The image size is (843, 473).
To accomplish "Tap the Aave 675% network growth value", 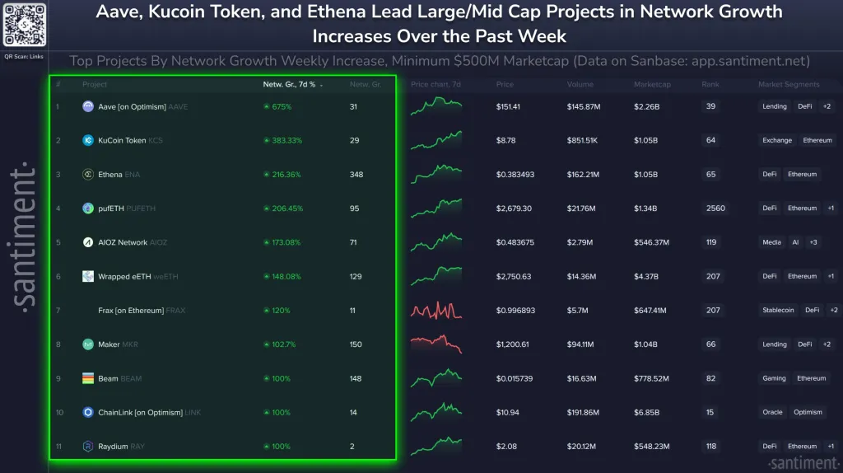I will (x=280, y=106).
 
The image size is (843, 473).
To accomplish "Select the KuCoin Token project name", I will (x=123, y=141).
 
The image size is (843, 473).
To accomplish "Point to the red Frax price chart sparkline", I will (x=436, y=310).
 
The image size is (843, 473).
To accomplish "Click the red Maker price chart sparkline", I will (x=436, y=344).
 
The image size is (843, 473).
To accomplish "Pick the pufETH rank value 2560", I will (x=715, y=208).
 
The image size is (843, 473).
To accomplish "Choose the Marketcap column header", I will (x=652, y=85).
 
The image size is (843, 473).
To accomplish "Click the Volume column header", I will (x=580, y=85).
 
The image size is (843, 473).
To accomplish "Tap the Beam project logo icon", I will (x=88, y=378).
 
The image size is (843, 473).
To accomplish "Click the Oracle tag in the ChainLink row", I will (x=772, y=412).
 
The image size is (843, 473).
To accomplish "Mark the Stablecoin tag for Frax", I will (x=778, y=310).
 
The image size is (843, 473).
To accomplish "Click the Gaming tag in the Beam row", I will (x=774, y=378).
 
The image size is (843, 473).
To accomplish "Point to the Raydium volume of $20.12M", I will (x=583, y=447).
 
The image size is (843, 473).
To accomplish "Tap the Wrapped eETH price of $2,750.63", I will (x=514, y=277).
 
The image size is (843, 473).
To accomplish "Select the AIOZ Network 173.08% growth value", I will (x=282, y=243).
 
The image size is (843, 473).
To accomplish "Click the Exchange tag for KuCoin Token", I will (x=776, y=141).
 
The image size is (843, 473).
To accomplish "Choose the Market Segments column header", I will (x=789, y=85).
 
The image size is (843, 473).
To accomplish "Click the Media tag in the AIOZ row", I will (x=772, y=242).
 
